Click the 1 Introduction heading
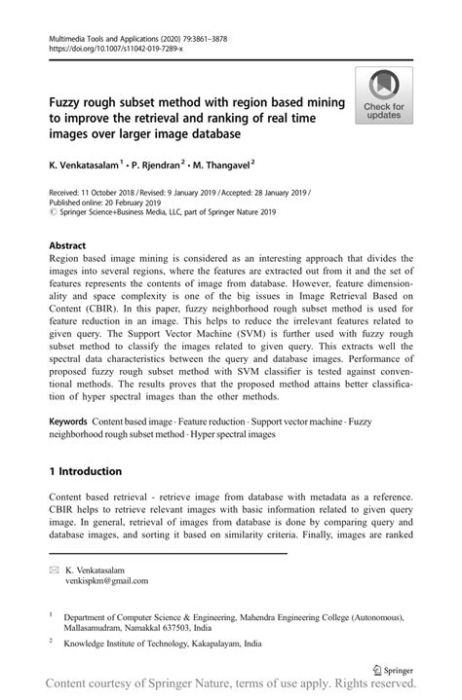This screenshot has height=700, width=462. click(x=86, y=471)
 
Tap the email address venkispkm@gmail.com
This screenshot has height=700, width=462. click(x=106, y=581)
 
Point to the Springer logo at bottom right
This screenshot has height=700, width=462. click(x=393, y=670)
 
